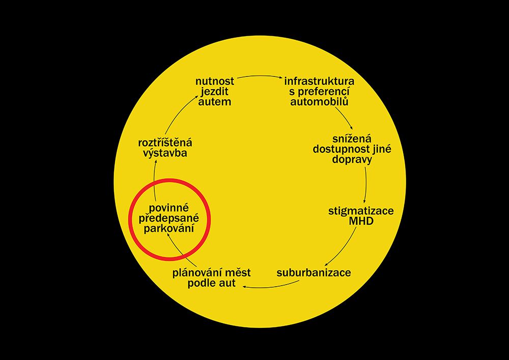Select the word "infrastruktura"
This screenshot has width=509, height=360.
pyautogui.click(x=319, y=81)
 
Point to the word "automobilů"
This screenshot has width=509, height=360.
pyautogui.click(x=319, y=102)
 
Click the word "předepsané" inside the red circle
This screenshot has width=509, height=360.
pyautogui.click(x=169, y=218)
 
